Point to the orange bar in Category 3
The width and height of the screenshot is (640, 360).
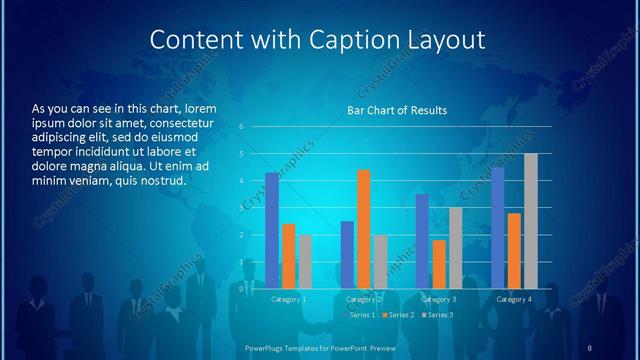439,263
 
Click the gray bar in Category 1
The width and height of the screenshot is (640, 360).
305,261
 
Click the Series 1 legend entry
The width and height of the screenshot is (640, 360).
361,315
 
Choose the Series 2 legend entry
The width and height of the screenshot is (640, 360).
399,315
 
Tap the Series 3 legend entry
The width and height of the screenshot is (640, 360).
437,315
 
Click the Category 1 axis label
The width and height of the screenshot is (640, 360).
289,299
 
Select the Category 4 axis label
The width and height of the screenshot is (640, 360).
514,299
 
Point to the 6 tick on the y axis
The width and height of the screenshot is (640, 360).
241,127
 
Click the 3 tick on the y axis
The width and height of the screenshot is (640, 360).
241,208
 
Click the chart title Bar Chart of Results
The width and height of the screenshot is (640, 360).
397,110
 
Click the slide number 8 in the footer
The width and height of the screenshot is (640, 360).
589,347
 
